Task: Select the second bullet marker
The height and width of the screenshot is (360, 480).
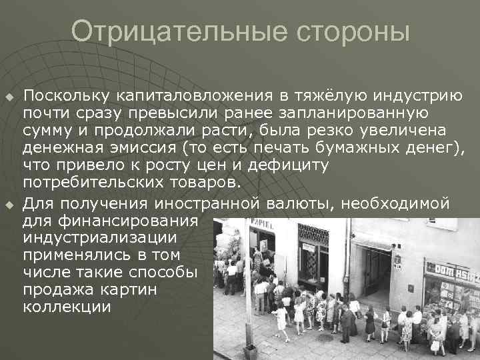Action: tap(9, 203)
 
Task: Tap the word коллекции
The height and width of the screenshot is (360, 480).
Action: tap(67, 307)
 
